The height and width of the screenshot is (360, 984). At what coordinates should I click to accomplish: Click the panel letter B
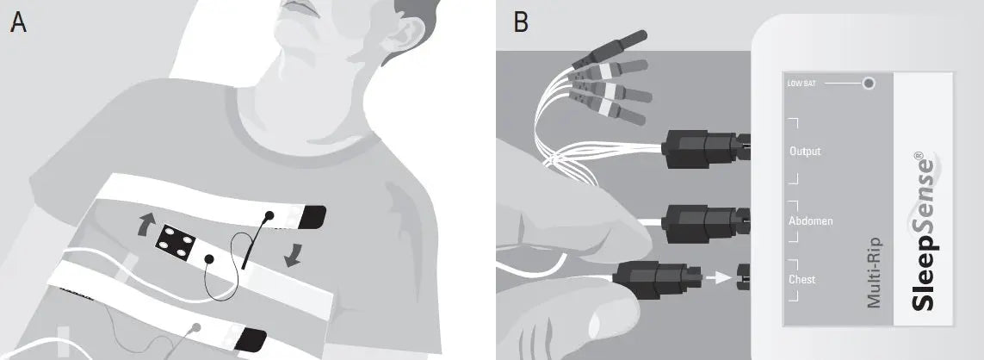click(521, 22)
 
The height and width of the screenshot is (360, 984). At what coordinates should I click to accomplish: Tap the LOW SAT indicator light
click(869, 83)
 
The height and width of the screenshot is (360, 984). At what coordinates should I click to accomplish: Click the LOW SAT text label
click(802, 84)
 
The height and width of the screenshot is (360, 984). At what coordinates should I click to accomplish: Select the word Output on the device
click(805, 152)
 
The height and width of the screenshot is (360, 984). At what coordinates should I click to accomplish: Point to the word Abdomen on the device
click(811, 221)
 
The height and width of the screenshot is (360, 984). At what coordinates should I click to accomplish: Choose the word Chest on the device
click(802, 279)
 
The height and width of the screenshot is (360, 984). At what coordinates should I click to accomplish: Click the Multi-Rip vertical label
click(874, 273)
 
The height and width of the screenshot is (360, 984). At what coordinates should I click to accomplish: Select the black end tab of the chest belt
click(311, 217)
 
